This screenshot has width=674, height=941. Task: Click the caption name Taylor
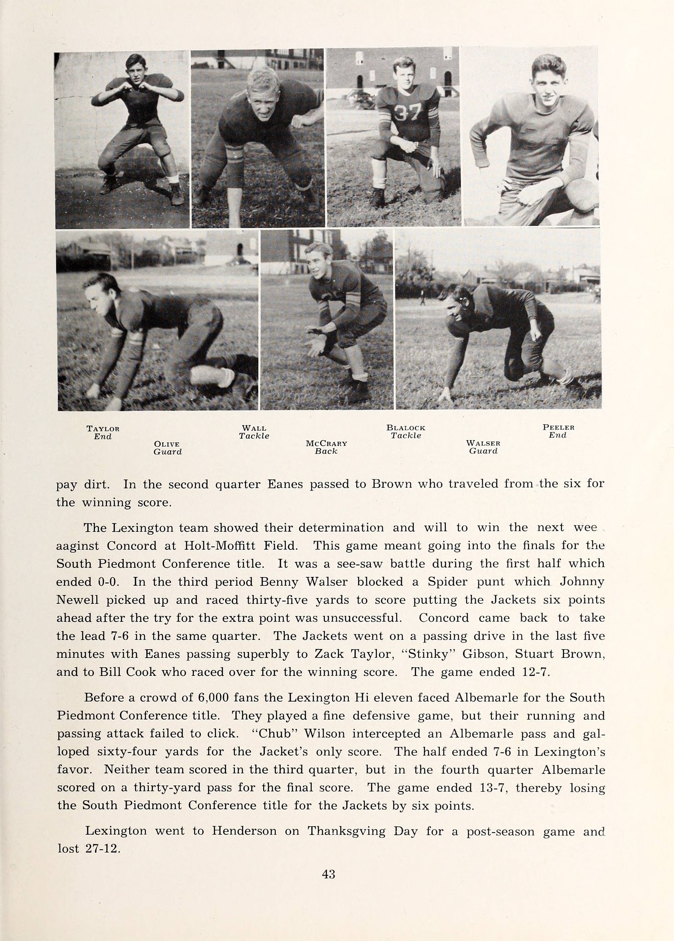[103, 429]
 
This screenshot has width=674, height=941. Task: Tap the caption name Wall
[254, 428]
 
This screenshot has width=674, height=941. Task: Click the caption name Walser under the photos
[483, 443]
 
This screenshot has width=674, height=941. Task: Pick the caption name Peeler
[558, 427]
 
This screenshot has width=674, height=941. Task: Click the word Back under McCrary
[326, 451]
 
